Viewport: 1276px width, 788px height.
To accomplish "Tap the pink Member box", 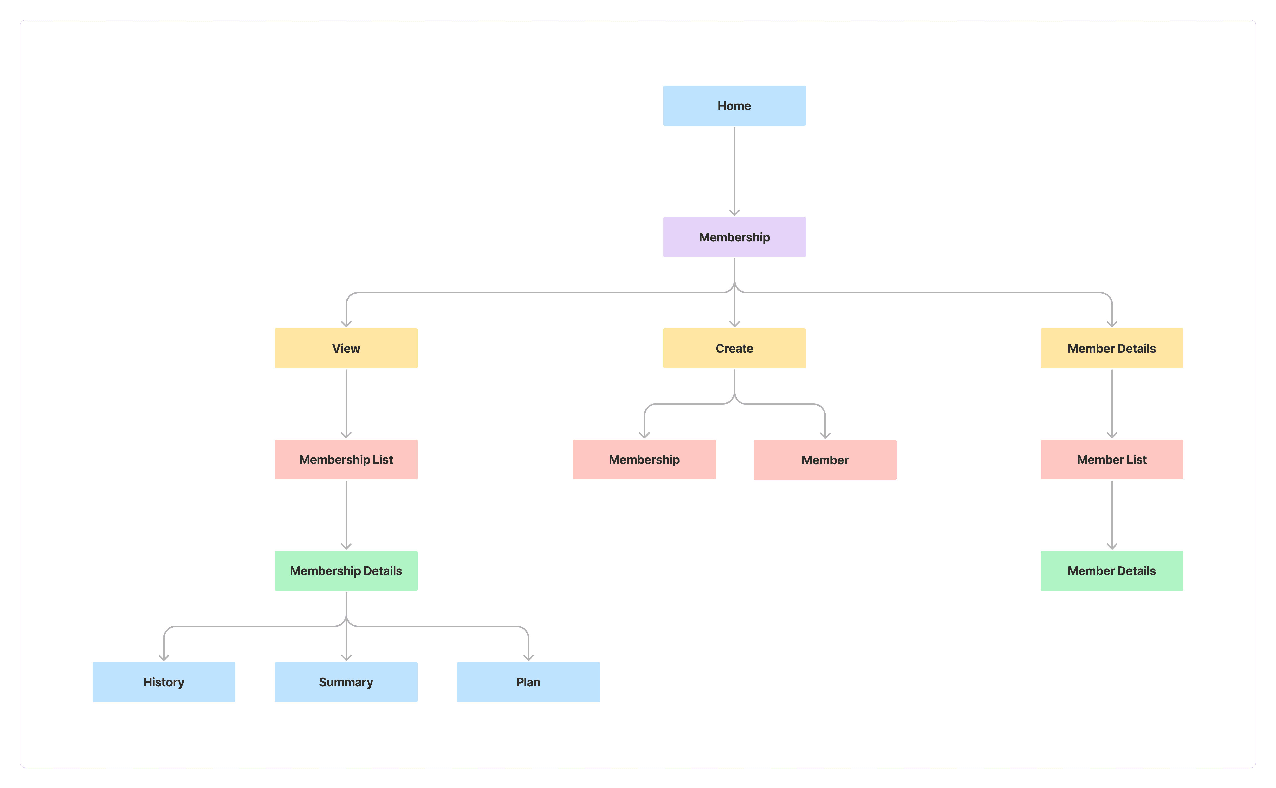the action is point(825,460).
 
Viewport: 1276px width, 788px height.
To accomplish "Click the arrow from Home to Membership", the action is point(734,171).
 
